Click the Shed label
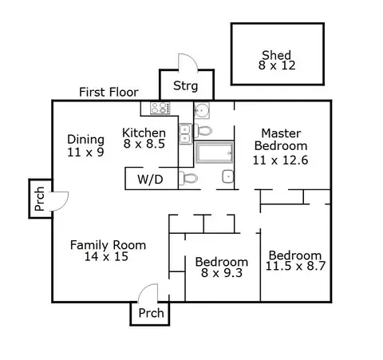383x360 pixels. click(277, 55)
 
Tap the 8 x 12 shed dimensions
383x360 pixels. click(277, 65)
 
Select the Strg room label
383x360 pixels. click(186, 86)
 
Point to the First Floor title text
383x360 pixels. click(109, 92)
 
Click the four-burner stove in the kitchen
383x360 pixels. click(160, 109)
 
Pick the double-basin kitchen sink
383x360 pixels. click(185, 134)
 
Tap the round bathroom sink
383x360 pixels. click(202, 110)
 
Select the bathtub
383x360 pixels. click(215, 152)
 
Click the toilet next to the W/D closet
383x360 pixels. click(188, 178)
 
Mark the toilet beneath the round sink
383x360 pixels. click(203, 131)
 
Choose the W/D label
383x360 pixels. click(150, 180)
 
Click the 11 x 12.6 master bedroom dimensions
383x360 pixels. click(280, 160)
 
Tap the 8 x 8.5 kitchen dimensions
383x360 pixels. click(144, 144)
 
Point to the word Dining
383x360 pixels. click(85, 140)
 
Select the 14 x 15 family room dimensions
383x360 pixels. click(106, 256)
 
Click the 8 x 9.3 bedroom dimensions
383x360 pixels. click(222, 273)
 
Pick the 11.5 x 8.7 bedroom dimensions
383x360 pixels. click(295, 266)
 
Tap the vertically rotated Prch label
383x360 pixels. click(39, 199)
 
